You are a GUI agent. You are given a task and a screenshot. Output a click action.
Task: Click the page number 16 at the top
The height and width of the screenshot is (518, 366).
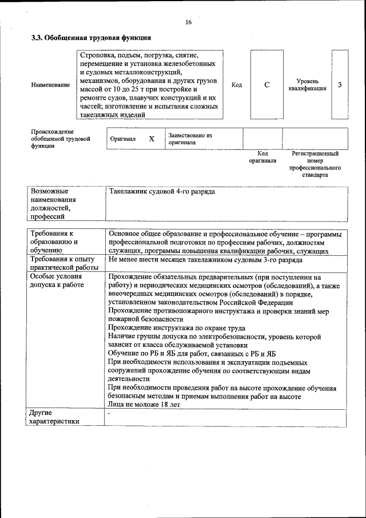click(x=189, y=22)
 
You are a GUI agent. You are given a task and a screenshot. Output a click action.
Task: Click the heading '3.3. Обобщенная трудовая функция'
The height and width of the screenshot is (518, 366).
click(x=91, y=38)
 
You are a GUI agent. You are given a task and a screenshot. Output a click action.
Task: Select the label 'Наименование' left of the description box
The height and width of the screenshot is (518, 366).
click(x=51, y=85)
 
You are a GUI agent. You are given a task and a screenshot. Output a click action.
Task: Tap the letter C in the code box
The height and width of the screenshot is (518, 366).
click(x=266, y=85)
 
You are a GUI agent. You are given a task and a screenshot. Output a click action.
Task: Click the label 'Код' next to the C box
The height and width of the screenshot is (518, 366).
click(x=236, y=85)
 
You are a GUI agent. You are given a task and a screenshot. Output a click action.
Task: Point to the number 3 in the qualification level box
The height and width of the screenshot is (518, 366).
click(x=340, y=85)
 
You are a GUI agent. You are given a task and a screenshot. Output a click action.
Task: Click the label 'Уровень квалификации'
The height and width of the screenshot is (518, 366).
click(x=308, y=85)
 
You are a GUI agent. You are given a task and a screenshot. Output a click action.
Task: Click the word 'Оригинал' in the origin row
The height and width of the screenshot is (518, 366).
click(x=123, y=139)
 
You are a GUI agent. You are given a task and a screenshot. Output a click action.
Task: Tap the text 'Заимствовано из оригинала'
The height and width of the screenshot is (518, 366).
click(x=190, y=139)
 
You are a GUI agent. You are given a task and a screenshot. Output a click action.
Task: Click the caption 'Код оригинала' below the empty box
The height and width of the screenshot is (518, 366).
click(x=262, y=157)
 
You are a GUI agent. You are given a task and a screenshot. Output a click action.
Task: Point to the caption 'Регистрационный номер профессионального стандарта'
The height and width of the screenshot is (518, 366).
click(x=315, y=164)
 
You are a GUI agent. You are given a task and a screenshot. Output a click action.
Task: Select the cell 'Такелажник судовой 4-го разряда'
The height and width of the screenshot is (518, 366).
click(x=162, y=191)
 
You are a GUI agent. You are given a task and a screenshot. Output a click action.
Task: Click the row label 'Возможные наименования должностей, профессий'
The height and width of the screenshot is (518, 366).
click(x=54, y=203)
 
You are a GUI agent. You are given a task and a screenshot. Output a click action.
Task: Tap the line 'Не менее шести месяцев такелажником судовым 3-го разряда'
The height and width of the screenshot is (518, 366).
click(x=205, y=259)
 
